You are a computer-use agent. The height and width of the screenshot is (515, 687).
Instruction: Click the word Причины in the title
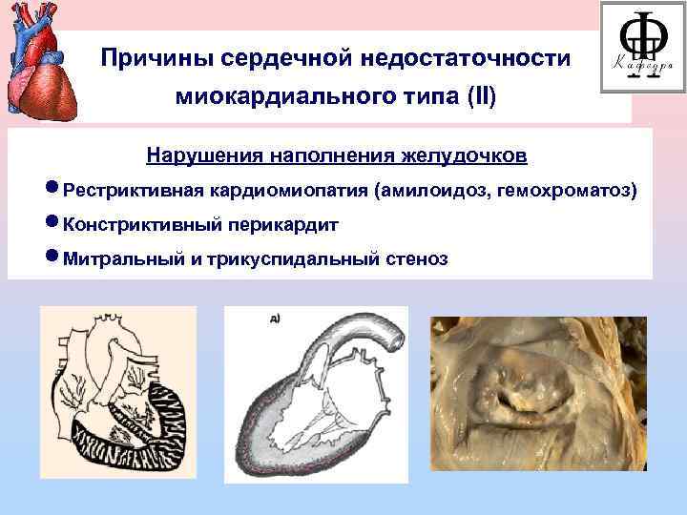[156, 59]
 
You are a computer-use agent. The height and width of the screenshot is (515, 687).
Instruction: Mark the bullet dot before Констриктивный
[52, 224]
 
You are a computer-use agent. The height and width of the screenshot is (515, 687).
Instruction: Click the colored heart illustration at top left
[39, 59]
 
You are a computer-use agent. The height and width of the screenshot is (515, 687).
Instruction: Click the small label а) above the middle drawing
[275, 319]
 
